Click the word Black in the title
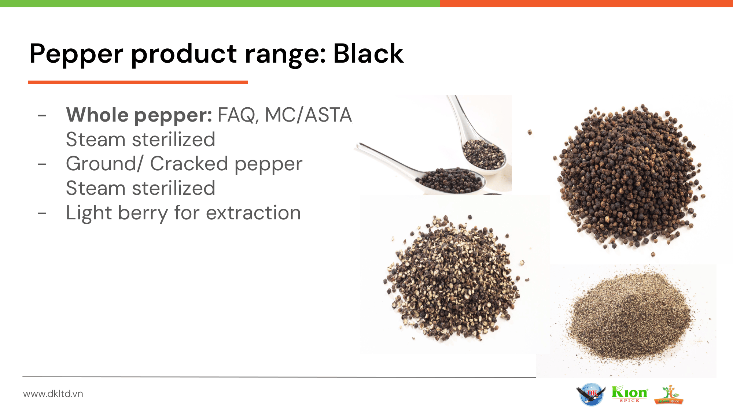coord(368,53)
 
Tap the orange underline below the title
coord(138,82)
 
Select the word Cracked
coord(189,164)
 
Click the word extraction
coord(253,213)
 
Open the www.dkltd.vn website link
coord(53,394)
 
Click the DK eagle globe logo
coord(591,394)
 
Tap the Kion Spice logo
coord(630,394)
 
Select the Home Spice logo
coord(669,395)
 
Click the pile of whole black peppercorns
coord(629,178)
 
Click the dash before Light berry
coord(42,213)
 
